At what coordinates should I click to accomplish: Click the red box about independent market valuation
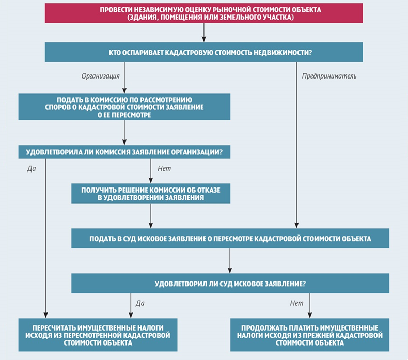coord(203,13)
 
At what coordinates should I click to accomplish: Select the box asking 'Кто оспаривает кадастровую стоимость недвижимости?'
coord(203,52)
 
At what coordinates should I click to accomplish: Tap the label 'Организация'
coord(100,76)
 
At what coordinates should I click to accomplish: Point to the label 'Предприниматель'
coord(329,76)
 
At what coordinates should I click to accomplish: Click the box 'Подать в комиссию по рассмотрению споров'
coord(124,107)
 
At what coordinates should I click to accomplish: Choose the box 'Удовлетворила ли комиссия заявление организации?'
coord(124,152)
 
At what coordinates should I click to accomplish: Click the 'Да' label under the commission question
coord(32,169)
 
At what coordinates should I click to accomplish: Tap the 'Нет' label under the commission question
coord(164,169)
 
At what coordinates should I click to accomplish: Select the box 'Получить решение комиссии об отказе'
coord(151,194)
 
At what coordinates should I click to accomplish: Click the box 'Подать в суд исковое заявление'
coord(230,239)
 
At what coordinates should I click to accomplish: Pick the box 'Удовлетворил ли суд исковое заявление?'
coord(230,283)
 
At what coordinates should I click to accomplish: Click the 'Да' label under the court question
coord(140,303)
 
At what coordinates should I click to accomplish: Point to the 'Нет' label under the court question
coord(296,303)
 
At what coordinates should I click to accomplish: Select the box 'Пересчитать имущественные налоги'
coord(98,335)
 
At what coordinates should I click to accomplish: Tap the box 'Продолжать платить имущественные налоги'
coord(310,335)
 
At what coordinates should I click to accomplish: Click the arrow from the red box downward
coord(203,33)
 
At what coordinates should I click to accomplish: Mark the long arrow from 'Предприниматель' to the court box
coord(296,145)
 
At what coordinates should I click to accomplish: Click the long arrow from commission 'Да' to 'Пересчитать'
coord(46,238)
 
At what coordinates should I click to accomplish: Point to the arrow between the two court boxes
coord(230,261)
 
